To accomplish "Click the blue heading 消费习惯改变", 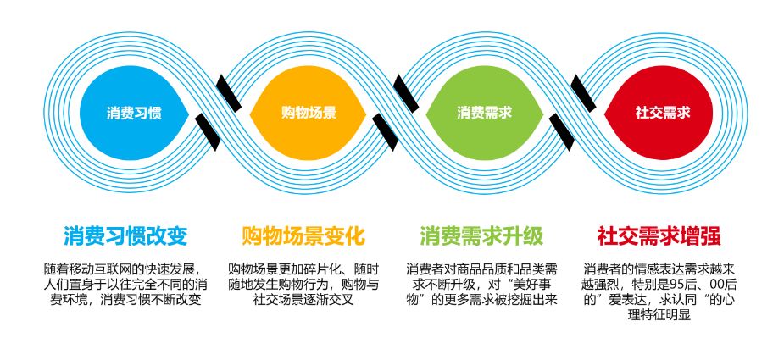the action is click(x=125, y=235).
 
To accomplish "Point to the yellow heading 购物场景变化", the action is click(x=303, y=235).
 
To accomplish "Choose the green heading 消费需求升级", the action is click(x=481, y=235).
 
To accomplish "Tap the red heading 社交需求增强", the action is click(x=659, y=235).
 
